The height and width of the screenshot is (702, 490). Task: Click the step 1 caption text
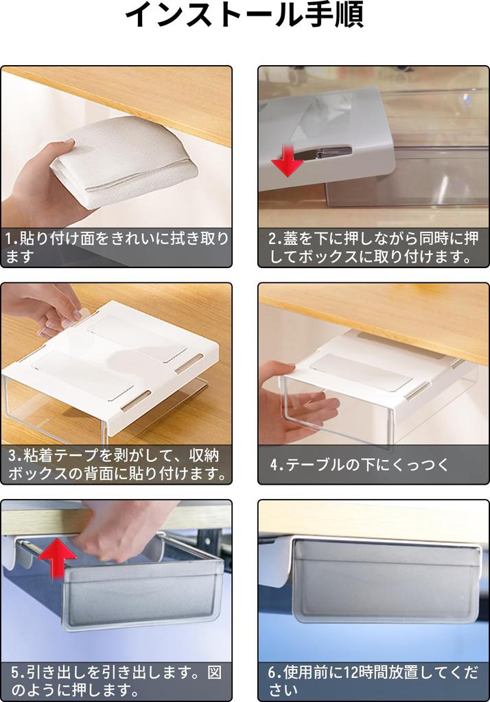(x=116, y=247)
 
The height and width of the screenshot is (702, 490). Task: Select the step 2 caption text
(x=373, y=247)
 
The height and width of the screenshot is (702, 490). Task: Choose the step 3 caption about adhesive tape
(x=116, y=463)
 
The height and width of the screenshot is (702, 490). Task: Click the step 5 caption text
(x=116, y=681)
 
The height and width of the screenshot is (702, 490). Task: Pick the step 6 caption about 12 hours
(x=373, y=681)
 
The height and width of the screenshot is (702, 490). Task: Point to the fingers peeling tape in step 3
(x=51, y=308)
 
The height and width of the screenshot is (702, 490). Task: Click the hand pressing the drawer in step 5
(x=120, y=531)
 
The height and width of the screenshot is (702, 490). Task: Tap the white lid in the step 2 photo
(x=329, y=130)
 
